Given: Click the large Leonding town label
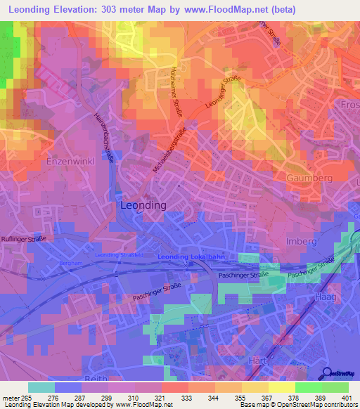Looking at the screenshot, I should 143,205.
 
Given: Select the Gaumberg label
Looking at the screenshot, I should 309,178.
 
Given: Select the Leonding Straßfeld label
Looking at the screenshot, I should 120,254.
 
